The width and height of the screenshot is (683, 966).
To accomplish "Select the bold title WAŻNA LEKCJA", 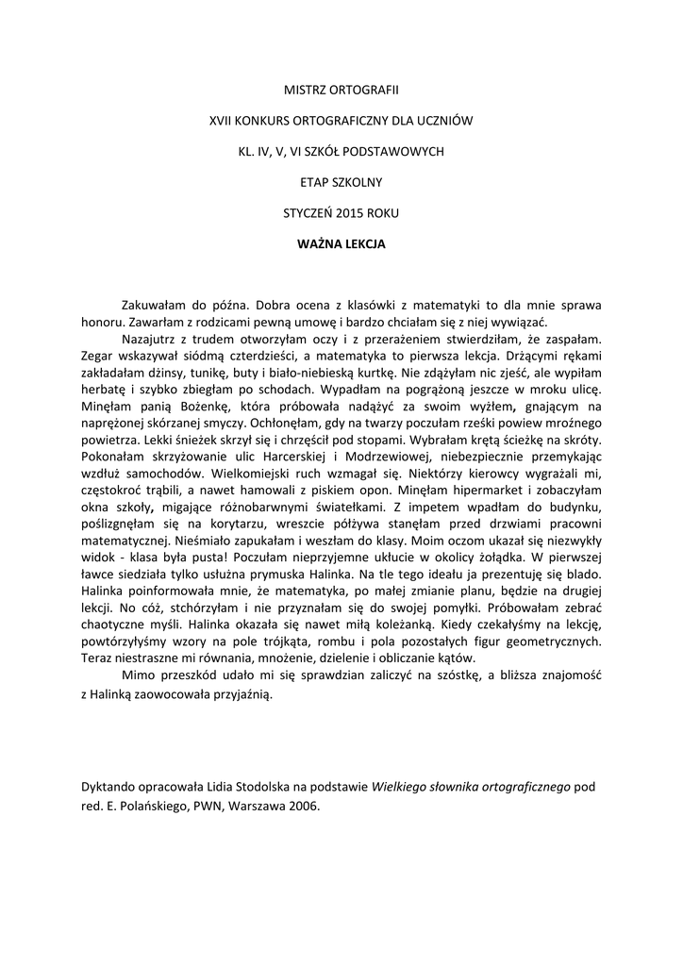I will point(341,242).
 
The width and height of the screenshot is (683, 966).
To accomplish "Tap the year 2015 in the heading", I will point(337,213).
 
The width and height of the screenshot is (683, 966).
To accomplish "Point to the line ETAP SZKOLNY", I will point(341,182).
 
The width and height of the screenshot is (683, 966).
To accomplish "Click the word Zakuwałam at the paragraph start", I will point(157,306).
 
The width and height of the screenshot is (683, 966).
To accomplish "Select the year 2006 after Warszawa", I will point(305,807).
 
